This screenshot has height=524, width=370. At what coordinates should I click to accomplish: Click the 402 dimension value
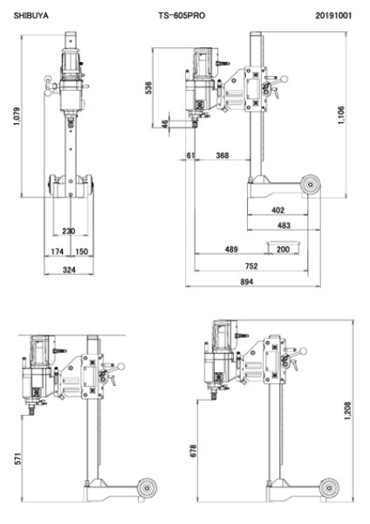pos(278,210)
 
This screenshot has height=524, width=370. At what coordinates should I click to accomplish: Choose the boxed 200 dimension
pos(283,249)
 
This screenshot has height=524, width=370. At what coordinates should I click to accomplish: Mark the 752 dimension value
pos(251,265)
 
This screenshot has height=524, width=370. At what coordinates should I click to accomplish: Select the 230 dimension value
pos(69,231)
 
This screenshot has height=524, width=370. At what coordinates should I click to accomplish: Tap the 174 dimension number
pos(58,252)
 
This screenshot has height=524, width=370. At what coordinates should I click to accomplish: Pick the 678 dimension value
pos(194,452)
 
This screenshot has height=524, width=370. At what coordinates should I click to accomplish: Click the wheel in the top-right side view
pos(310,184)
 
